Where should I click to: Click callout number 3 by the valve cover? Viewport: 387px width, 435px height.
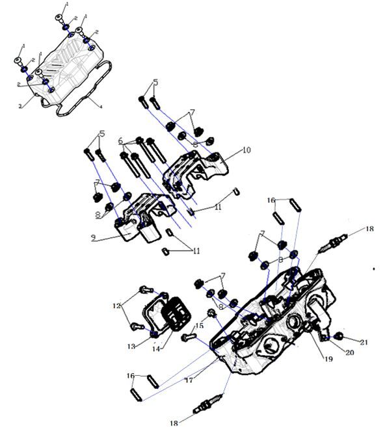(20, 105)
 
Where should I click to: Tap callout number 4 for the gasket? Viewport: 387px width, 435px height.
(100, 106)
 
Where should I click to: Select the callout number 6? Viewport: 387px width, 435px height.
(120, 141)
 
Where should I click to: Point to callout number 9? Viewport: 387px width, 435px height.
(94, 238)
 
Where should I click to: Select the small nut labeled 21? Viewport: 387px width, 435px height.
(340, 336)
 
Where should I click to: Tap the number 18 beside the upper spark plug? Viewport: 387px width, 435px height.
(369, 229)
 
